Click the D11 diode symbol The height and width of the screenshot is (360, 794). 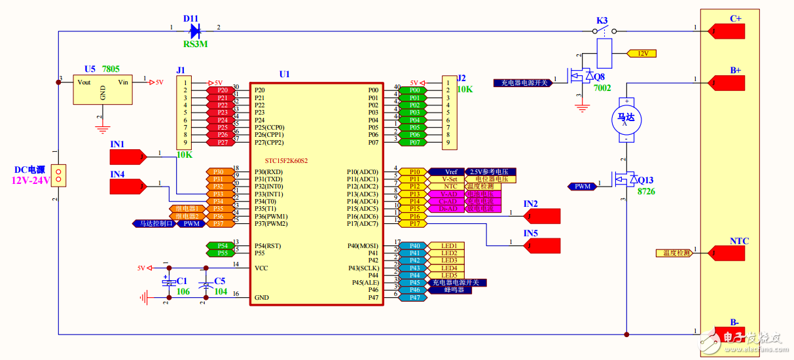point(194,30)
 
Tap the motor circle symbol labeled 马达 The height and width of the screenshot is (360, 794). point(626,118)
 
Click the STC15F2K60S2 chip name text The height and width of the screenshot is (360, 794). point(286,160)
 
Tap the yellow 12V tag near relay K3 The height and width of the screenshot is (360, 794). point(641,54)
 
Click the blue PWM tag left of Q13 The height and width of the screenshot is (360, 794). point(582,187)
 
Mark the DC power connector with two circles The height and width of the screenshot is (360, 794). point(59,175)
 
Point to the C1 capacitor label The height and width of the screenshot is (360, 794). point(182,281)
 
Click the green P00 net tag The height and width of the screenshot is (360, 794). point(414,90)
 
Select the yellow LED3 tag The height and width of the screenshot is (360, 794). point(448,261)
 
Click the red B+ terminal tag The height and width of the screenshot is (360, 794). point(727,82)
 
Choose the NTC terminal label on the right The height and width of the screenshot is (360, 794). point(739,242)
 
